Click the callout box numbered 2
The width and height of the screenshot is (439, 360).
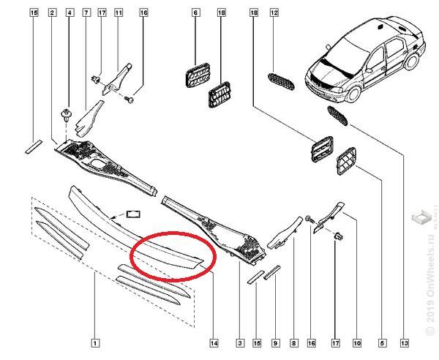pos(52,12)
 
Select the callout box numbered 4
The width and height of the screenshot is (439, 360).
pos(70,12)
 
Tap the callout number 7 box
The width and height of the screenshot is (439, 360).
pos(86,12)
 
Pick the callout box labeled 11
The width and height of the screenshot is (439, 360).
pos(119,12)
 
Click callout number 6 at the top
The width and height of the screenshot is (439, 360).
pos(195,12)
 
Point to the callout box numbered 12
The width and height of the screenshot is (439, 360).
pos(274,12)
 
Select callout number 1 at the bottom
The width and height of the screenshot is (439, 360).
pos(95,343)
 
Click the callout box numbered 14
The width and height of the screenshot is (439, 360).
pos(214,343)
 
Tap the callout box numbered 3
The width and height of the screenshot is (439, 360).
pos(240,343)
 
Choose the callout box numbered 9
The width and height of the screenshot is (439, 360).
pos(275,343)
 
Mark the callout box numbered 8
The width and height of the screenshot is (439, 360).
pos(293,343)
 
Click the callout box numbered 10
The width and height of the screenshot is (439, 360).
pos(357,343)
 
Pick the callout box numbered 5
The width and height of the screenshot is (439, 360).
pos(383,343)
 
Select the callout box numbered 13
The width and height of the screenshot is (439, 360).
pos(405,343)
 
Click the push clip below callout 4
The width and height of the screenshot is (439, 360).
pos(67,116)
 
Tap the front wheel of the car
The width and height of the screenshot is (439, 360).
pos(353,94)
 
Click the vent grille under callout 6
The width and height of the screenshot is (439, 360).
pos(198,75)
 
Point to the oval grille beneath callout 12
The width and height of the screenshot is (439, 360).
pos(281,81)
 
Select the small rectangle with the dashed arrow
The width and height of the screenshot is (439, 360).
pos(133,214)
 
